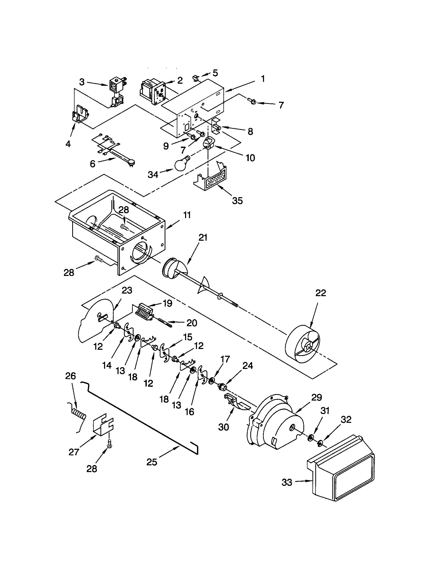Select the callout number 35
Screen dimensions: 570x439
[237, 201]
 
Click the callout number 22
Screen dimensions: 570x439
[320, 293]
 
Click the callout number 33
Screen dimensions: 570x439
[287, 483]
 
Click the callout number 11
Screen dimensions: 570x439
[187, 215]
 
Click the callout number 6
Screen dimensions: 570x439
[93, 164]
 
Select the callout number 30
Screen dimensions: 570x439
[224, 427]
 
